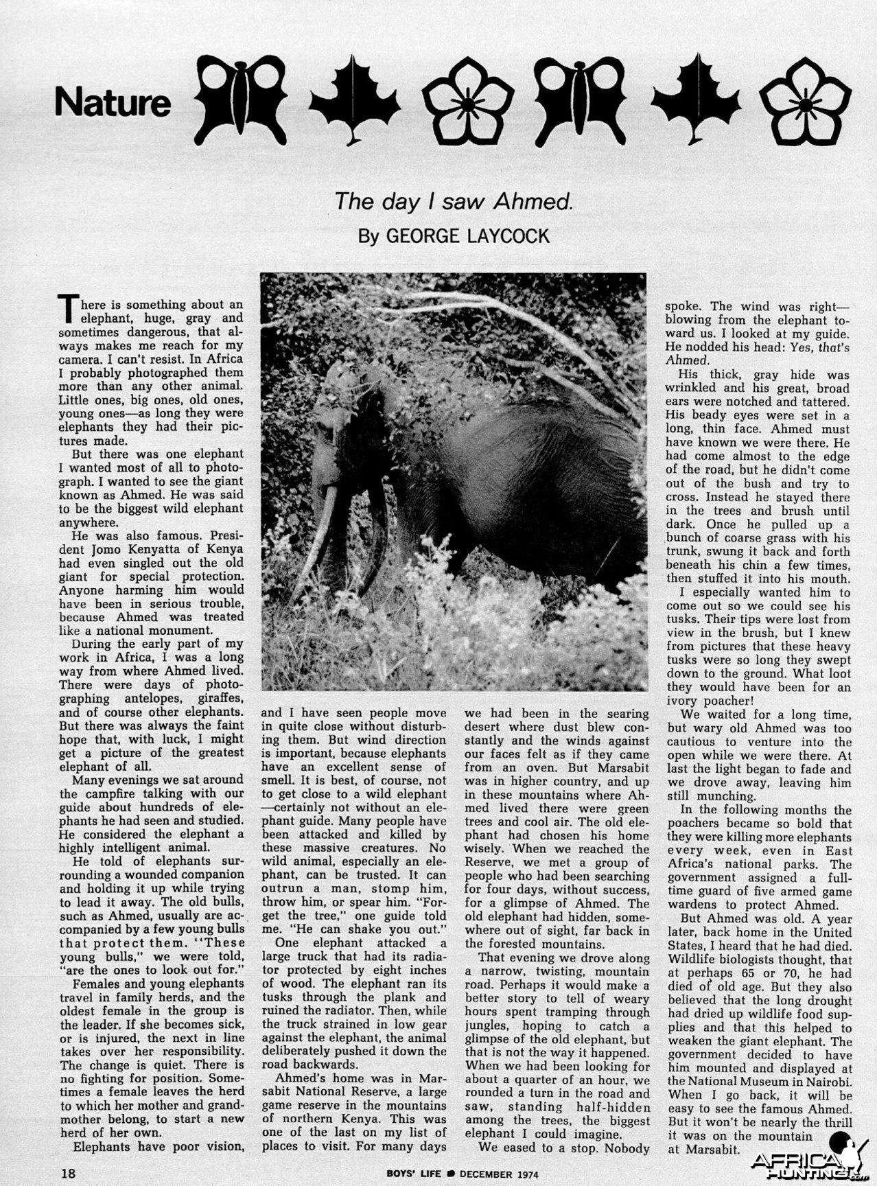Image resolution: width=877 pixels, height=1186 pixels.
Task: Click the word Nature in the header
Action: (x=113, y=103)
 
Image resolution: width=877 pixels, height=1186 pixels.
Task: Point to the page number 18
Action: (x=68, y=1173)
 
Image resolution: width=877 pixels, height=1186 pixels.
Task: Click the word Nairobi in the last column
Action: (x=829, y=1081)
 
